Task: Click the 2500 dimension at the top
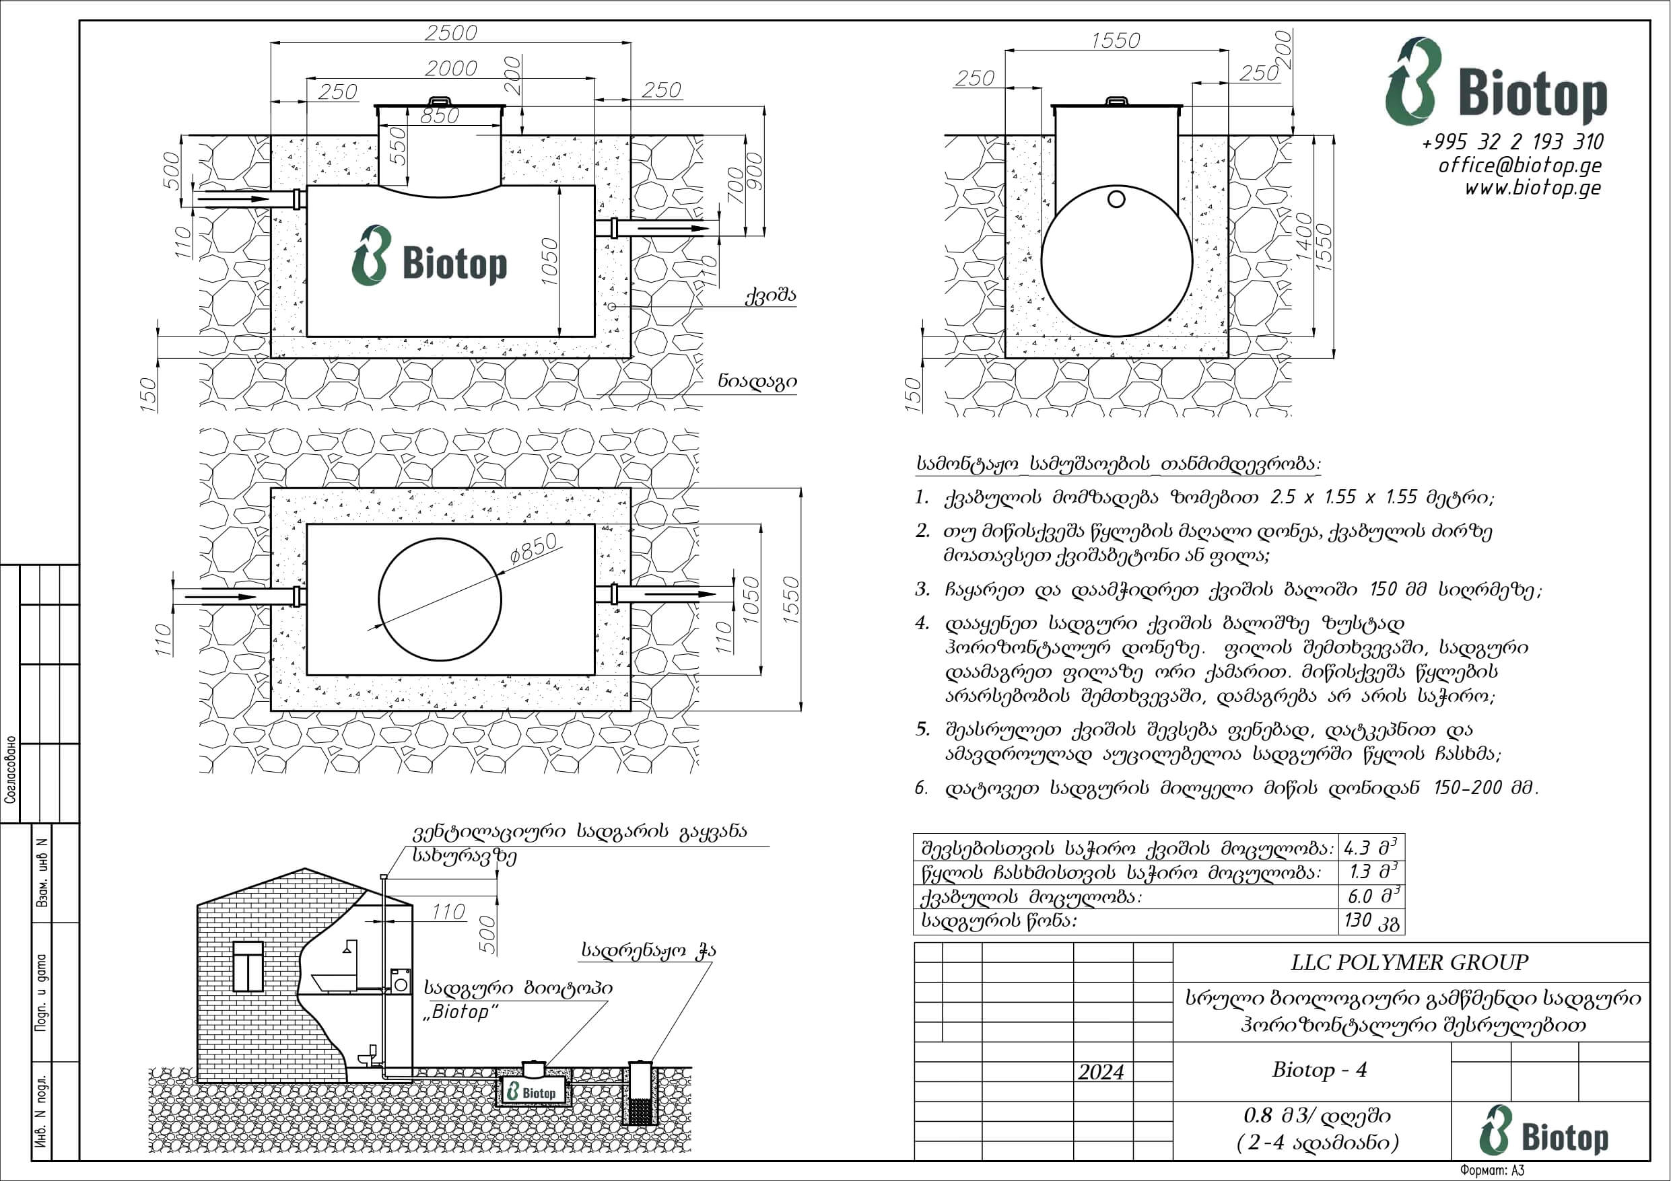point(451,33)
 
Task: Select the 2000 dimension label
point(451,69)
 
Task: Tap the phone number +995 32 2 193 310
point(1513,141)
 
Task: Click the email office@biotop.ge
point(1520,165)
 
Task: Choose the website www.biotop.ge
point(1534,188)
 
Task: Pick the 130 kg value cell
point(1371,921)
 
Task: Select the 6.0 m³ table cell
point(1371,896)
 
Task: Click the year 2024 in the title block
point(1101,1072)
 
